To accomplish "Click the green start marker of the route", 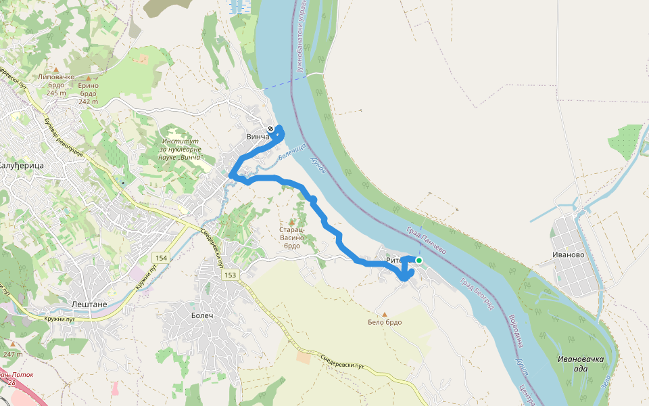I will coord(419,261).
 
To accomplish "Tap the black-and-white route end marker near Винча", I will coord(270,129).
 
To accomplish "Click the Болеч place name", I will coord(201,316).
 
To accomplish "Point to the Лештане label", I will coord(89,304).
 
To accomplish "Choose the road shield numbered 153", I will coord(230,275).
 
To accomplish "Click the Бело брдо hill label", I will coord(385,322).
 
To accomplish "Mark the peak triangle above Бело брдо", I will coord(385,314).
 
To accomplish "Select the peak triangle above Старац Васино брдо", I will coord(292,221).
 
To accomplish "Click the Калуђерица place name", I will coord(21,166).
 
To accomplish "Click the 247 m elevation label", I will coord(12,354).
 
